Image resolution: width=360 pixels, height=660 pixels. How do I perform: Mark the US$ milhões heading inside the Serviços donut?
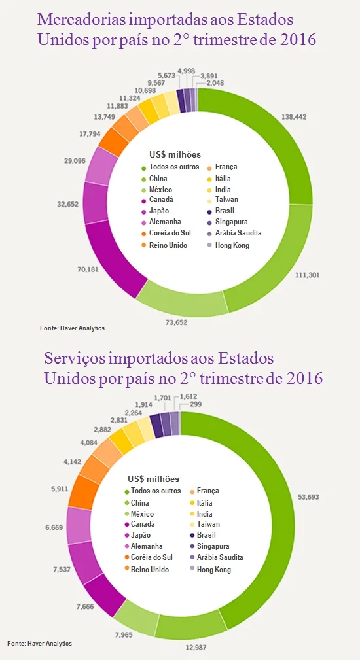point(153,479)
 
